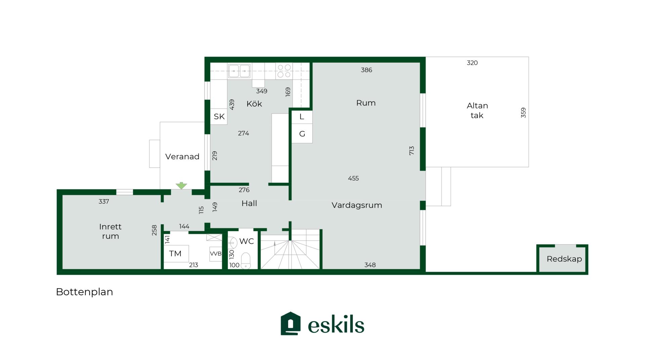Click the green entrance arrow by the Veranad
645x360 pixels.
[x=181, y=186]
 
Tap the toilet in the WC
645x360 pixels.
[x=246, y=261]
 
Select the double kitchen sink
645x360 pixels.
[x=239, y=71]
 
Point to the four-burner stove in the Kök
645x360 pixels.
[x=284, y=71]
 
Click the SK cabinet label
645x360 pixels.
[x=219, y=117]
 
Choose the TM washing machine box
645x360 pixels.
[x=176, y=253]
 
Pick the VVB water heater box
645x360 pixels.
[x=216, y=254]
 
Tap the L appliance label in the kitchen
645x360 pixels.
[x=302, y=117]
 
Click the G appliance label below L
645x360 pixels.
[x=302, y=134]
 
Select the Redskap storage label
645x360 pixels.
[x=564, y=259]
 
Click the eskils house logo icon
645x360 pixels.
[x=291, y=323]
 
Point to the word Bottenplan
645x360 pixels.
[x=84, y=292]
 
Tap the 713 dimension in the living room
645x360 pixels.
[x=412, y=151]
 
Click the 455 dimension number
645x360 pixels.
[x=353, y=178]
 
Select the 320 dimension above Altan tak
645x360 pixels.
[x=472, y=63]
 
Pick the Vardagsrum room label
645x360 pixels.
[x=357, y=205]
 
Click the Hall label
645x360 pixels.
[x=249, y=203]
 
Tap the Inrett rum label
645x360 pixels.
[x=110, y=231]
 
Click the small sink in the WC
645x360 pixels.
[x=232, y=242]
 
